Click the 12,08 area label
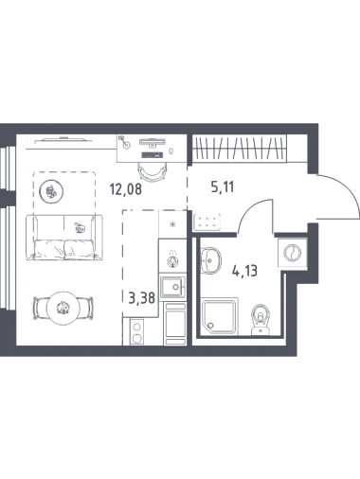[x=126, y=189]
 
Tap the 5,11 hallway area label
[x=223, y=187]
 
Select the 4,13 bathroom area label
[x=244, y=271]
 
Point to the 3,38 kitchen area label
[x=142, y=297]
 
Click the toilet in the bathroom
[x=261, y=319]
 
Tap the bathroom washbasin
[x=210, y=260]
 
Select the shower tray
[x=220, y=316]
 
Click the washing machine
[x=292, y=253]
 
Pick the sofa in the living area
[x=64, y=238]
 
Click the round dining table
[x=63, y=307]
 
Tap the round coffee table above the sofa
[x=51, y=191]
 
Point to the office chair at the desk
[x=152, y=172]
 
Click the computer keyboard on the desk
[x=153, y=155]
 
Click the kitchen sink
[x=172, y=287]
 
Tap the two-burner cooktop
[x=137, y=332]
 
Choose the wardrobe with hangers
[x=240, y=149]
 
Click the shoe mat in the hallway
[x=207, y=221]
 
